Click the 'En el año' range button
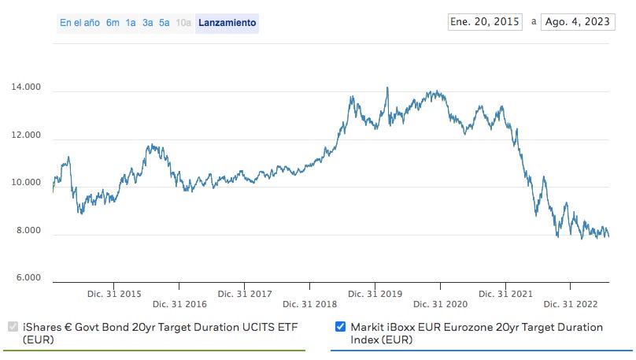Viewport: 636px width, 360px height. pyautogui.click(x=79, y=23)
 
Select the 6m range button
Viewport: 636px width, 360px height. pyautogui.click(x=113, y=23)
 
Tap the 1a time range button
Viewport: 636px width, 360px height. pyautogui.click(x=131, y=23)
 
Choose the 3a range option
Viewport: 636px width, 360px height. pyautogui.click(x=147, y=23)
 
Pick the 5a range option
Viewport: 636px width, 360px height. pyautogui.click(x=164, y=23)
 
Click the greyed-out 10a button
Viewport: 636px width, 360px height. pyautogui.click(x=183, y=23)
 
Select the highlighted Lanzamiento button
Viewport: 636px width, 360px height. pyautogui.click(x=227, y=23)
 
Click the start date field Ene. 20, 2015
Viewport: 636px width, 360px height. pyautogui.click(x=484, y=21)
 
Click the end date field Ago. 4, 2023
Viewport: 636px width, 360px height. pyautogui.click(x=576, y=21)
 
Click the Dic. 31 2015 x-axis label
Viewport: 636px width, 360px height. pyautogui.click(x=114, y=294)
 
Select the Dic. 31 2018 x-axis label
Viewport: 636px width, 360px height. pyautogui.click(x=309, y=303)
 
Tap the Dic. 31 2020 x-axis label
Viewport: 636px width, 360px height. pyautogui.click(x=440, y=303)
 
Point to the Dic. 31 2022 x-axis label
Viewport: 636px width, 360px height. pyautogui.click(x=571, y=303)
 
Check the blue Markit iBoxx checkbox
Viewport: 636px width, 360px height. pyautogui.click(x=341, y=327)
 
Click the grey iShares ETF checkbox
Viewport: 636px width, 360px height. pyautogui.click(x=13, y=327)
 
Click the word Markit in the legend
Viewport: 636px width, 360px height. pyautogui.click(x=368, y=327)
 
